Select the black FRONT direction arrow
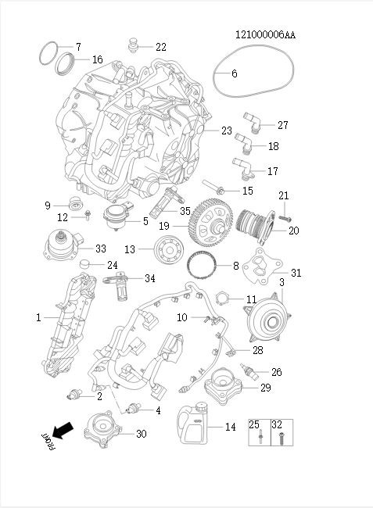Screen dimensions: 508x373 (x=63, y=430)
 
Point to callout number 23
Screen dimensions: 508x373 (x=227, y=131)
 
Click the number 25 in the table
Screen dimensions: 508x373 (x=254, y=424)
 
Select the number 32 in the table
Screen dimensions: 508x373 (x=276, y=424)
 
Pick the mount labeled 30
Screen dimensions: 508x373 (x=106, y=432)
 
